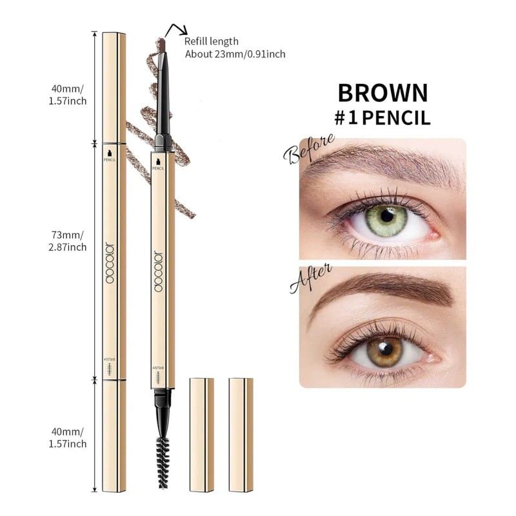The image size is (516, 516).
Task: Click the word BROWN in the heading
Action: click(382, 92)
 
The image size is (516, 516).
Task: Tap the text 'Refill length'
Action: click(212, 42)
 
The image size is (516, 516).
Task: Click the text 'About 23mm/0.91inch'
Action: click(235, 54)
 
